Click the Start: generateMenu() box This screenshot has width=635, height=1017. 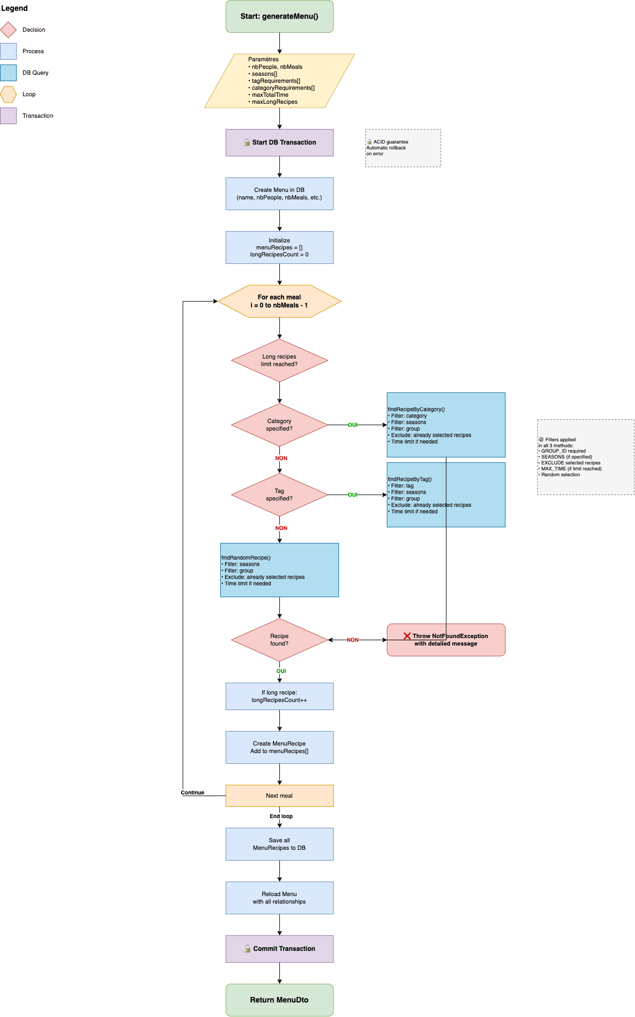(279, 16)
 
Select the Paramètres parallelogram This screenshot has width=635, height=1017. (279, 81)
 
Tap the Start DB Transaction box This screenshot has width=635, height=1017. (279, 142)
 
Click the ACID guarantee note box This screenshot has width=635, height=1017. (403, 148)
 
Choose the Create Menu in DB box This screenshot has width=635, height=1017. (279, 194)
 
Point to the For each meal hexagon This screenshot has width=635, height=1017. (279, 301)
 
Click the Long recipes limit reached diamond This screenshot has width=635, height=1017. (279, 360)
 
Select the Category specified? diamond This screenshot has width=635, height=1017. (279, 425)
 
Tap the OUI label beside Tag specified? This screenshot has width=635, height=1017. (352, 495)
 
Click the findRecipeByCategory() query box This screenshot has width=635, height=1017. (446, 425)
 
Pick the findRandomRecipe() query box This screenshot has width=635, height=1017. (279, 570)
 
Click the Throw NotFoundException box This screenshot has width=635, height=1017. (446, 640)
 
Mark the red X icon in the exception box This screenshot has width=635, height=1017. (407, 636)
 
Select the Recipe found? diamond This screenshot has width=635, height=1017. (279, 640)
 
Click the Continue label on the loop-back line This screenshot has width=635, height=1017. (192, 792)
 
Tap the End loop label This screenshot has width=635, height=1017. (281, 816)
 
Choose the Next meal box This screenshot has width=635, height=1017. (279, 796)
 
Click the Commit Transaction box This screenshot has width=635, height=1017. (279, 949)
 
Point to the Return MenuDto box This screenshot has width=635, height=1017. (279, 1000)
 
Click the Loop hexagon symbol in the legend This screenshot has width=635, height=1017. (9, 94)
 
